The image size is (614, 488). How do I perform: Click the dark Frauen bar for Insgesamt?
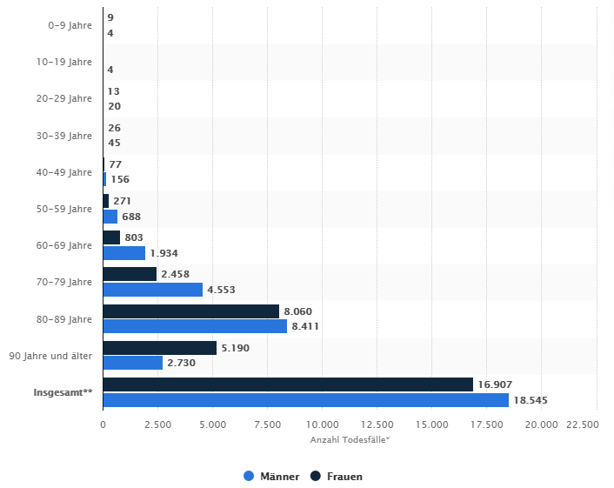287,384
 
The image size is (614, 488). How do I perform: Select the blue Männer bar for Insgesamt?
305,399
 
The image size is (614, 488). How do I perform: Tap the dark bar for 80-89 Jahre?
190,311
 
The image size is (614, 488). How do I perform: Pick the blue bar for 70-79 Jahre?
152,290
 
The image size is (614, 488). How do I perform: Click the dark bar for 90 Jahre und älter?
159,348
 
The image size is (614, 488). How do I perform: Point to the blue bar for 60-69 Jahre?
123,253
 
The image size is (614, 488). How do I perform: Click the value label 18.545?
531,400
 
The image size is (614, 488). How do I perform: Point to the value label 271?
122,201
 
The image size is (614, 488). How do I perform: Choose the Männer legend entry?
271,476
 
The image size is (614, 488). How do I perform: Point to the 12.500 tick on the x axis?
377,424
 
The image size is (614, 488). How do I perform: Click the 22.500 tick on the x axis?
583,424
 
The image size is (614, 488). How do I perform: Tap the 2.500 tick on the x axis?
157,424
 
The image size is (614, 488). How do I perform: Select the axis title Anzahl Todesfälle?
350,439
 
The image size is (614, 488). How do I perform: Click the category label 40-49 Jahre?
70,172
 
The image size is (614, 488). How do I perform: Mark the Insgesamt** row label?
63,392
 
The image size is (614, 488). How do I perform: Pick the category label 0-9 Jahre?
70,25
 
